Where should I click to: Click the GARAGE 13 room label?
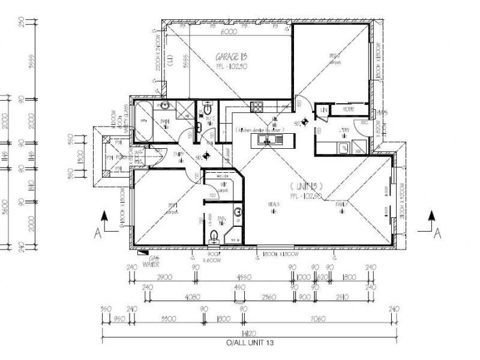pos(232,56)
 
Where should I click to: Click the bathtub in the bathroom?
pos(143,121)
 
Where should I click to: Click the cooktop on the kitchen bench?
pos(257,107)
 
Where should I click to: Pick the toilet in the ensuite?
pos(214,236)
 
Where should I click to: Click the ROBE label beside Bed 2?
pos(347,110)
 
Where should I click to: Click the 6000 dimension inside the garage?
pos(227,31)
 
